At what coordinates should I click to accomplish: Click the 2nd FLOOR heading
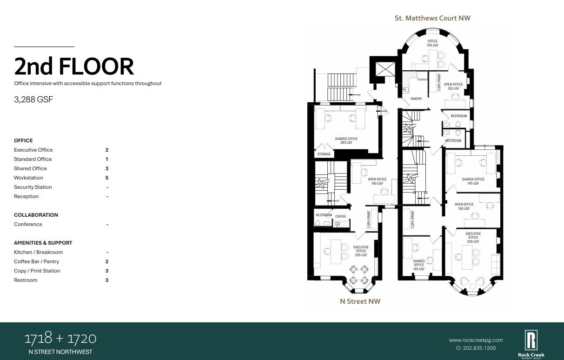coord(74,67)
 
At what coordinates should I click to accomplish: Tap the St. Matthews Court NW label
coord(432,18)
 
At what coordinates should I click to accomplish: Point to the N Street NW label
coord(360,301)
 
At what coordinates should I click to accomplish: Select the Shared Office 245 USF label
coord(346,140)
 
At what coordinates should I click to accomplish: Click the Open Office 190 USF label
coord(377,181)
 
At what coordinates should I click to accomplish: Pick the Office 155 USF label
coord(432,43)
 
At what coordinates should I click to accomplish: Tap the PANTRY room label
coord(416,99)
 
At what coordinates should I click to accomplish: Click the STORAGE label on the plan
coord(324,154)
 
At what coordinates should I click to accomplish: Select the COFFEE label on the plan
coord(341,216)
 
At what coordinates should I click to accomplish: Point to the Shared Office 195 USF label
coord(473,181)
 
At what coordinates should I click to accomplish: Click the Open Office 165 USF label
coord(464,207)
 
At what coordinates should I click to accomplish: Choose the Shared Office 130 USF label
coord(419,265)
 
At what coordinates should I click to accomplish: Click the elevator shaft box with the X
coord(385,70)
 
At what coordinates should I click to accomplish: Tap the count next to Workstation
coord(107,178)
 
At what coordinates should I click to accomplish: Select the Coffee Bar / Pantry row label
coord(36,261)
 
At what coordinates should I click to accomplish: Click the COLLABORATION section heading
coord(36,215)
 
